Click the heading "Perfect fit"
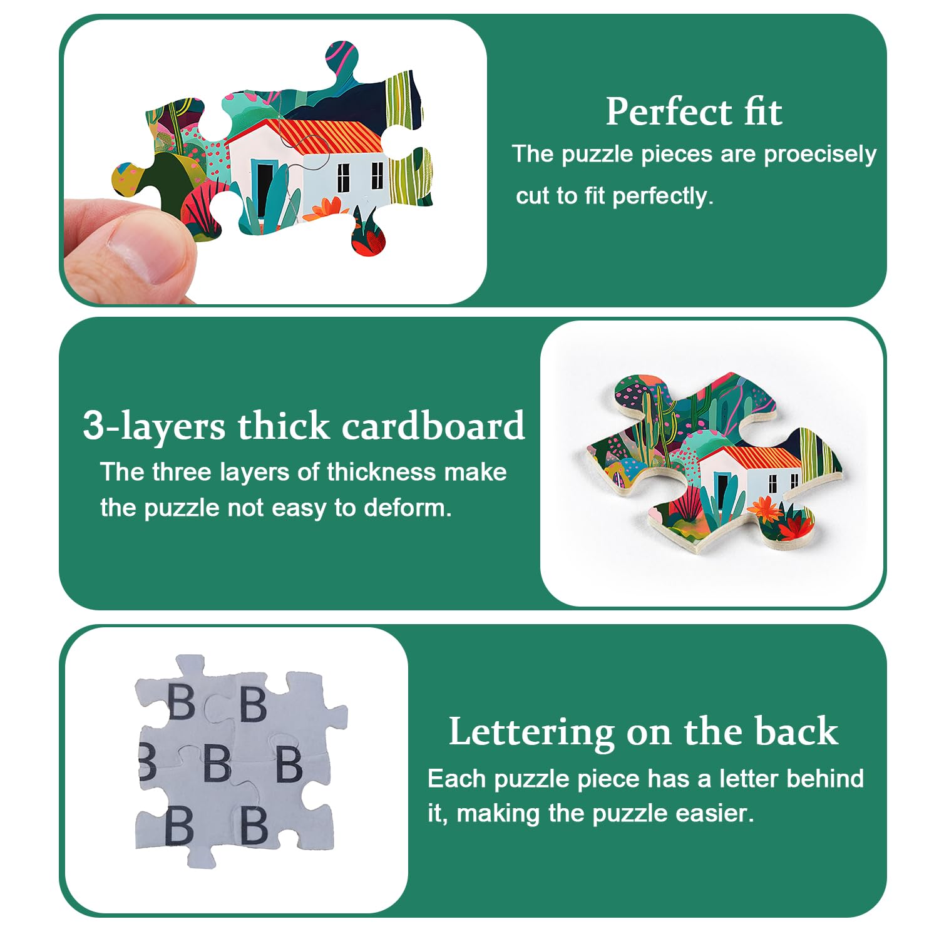tap(694, 112)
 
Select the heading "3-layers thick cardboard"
tap(304, 426)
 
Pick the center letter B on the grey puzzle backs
tap(217, 763)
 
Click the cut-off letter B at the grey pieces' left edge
tap(147, 762)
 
